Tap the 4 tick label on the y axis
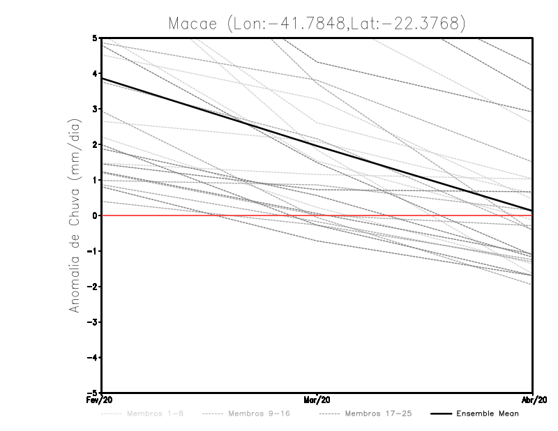tap(95, 73)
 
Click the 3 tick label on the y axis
tap(95, 109)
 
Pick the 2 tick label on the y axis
tap(95, 144)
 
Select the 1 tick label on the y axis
tap(95, 180)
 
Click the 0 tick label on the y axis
tap(95, 215)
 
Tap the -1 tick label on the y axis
tap(93, 251)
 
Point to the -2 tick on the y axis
tap(93, 287)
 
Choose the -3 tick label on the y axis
tap(93, 322)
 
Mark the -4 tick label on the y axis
tap(93, 358)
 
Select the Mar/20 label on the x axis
tap(317, 400)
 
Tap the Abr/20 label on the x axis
tap(533, 400)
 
